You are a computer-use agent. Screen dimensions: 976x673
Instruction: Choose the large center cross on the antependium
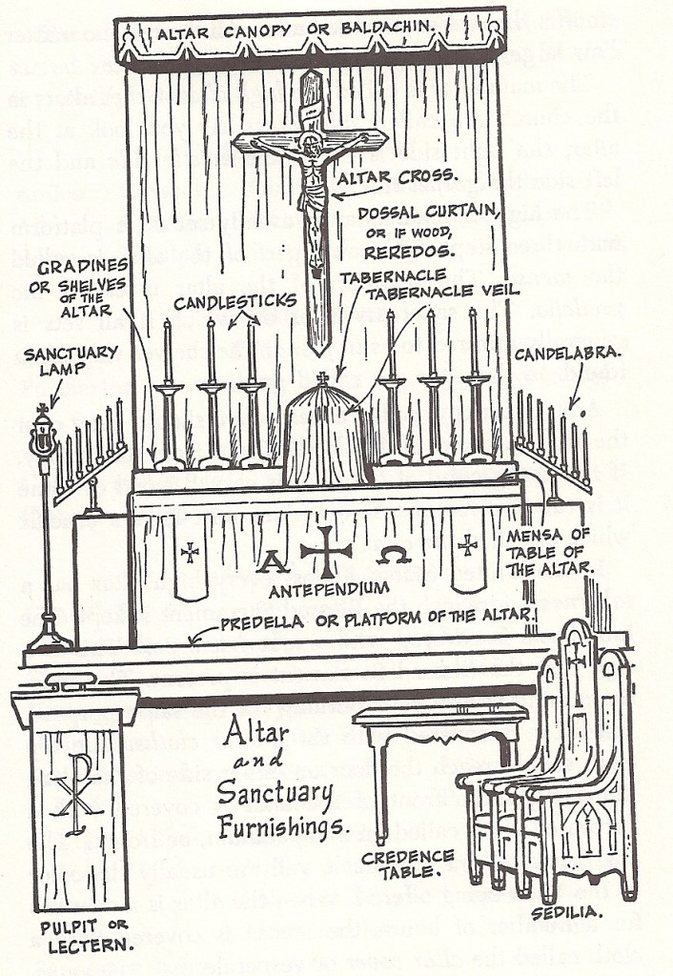click(325, 551)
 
